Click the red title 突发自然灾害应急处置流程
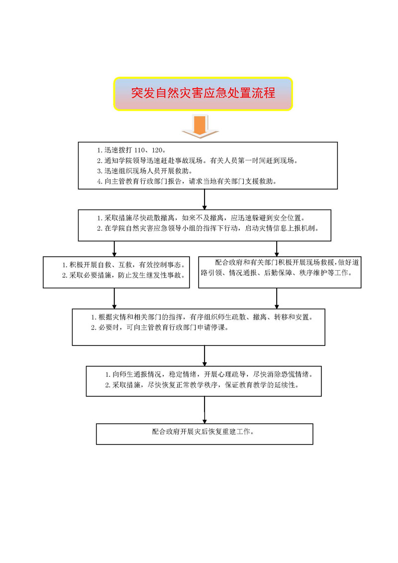203,93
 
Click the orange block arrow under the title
200,126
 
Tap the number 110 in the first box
139,150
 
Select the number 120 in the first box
157,150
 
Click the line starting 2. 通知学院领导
198,160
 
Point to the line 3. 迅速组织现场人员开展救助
145,171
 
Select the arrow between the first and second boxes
204,199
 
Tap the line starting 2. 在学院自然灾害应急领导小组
208,228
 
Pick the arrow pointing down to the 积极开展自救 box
114,249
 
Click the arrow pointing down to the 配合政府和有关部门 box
277,249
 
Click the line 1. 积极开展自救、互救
124,265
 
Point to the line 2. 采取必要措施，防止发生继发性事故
124,275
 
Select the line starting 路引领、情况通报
277,273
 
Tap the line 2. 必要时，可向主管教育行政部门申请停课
160,328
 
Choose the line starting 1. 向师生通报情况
209,374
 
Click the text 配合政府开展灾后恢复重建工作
203,432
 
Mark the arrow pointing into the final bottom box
204,410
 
